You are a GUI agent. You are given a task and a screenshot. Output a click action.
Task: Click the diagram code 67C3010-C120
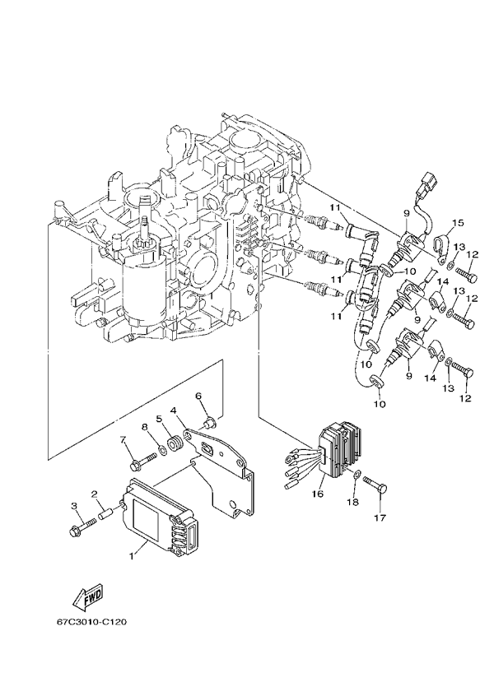pos(92,622)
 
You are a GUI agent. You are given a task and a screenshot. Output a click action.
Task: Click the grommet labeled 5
pos(173,448)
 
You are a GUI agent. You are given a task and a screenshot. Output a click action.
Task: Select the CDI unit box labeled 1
pos(161,515)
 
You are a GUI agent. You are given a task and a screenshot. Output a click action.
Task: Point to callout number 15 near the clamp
pos(458,222)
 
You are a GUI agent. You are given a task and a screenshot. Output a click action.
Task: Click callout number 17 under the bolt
pos(380,518)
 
